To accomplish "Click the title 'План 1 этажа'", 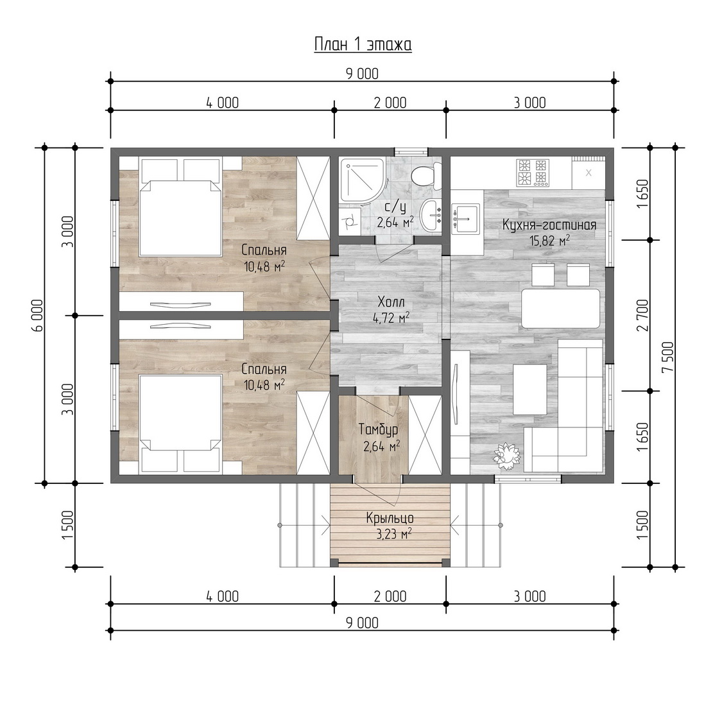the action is pyautogui.click(x=363, y=44).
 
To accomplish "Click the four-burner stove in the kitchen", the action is pyautogui.click(x=531, y=173).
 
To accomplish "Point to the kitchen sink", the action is pyautogui.click(x=466, y=218).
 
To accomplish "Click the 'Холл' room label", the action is pyautogui.click(x=391, y=302).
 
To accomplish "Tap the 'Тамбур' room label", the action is pyautogui.click(x=379, y=429).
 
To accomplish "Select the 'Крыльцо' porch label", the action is pyautogui.click(x=390, y=518).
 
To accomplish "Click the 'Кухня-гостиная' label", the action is pyautogui.click(x=549, y=225).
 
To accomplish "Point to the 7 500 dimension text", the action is pyautogui.click(x=669, y=357).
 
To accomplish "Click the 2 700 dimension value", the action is pyautogui.click(x=643, y=315).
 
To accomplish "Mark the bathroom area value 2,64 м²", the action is pyautogui.click(x=395, y=222).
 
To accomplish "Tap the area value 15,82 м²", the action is pyautogui.click(x=549, y=241).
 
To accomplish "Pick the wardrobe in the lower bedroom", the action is pyautogui.click(x=313, y=433).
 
